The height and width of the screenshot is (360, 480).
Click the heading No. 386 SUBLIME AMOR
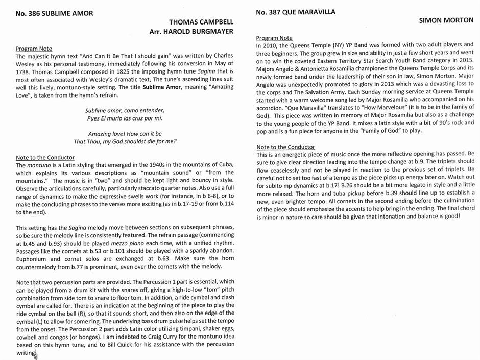click(54, 13)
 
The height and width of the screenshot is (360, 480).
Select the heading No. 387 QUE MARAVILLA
click(296, 12)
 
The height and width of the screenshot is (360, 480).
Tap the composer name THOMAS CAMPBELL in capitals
click(201, 22)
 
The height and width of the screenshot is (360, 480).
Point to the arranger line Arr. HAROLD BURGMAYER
click(191, 31)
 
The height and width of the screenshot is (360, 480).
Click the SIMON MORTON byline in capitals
click(446, 21)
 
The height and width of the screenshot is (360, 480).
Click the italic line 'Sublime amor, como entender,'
click(125, 110)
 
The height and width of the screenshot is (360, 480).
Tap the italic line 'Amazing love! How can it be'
click(125, 134)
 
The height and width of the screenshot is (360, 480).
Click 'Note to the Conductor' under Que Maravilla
click(285, 147)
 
